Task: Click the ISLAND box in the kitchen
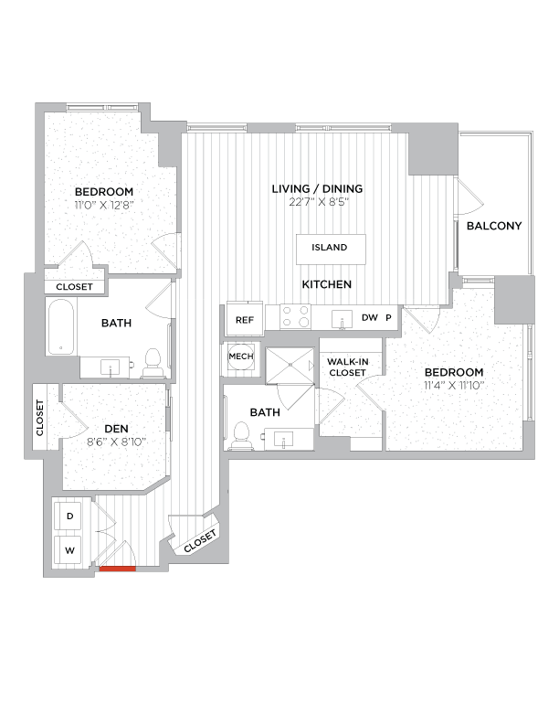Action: [x=330, y=248]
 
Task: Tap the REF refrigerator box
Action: [x=244, y=320]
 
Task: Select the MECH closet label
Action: [x=240, y=357]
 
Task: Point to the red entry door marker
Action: [x=118, y=569]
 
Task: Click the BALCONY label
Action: [x=493, y=226]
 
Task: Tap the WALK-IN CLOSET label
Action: [x=347, y=367]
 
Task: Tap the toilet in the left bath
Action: [x=153, y=362]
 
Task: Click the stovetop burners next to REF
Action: [x=295, y=316]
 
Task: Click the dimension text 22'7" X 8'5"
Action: [x=317, y=203]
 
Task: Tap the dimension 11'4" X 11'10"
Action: [x=453, y=386]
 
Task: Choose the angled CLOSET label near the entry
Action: [x=199, y=541]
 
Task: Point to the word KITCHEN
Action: [x=327, y=285]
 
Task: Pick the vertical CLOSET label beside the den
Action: [x=40, y=418]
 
